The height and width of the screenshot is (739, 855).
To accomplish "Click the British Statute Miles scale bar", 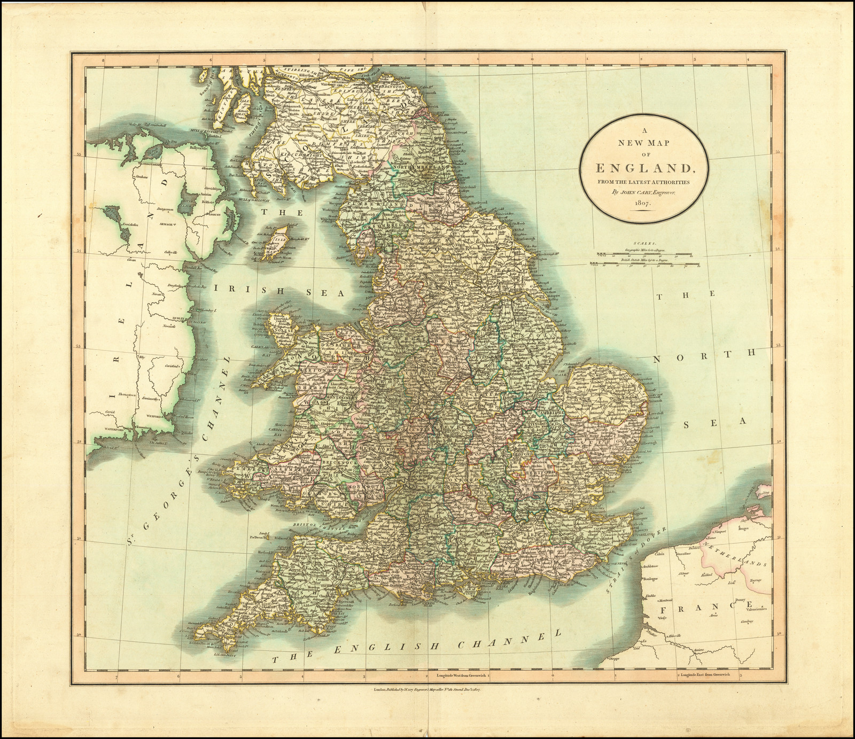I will click(639, 262).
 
